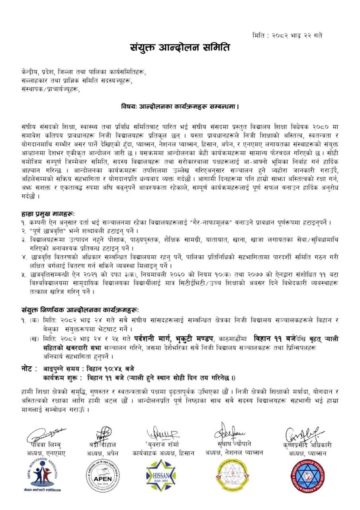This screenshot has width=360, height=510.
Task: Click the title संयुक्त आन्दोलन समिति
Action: pos(180,48)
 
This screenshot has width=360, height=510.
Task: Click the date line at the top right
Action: pos(288,35)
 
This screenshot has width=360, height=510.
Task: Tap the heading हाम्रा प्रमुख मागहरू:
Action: pos(48,214)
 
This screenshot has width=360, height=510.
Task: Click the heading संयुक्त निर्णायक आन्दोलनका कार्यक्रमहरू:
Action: pos(80,310)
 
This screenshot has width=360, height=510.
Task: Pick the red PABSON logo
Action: pos(305,475)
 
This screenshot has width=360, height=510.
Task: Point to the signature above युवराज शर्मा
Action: pos(163,433)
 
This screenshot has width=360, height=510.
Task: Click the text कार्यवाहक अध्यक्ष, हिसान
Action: pos(163,453)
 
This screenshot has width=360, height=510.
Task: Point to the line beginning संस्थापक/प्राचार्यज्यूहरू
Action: pos(51,90)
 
